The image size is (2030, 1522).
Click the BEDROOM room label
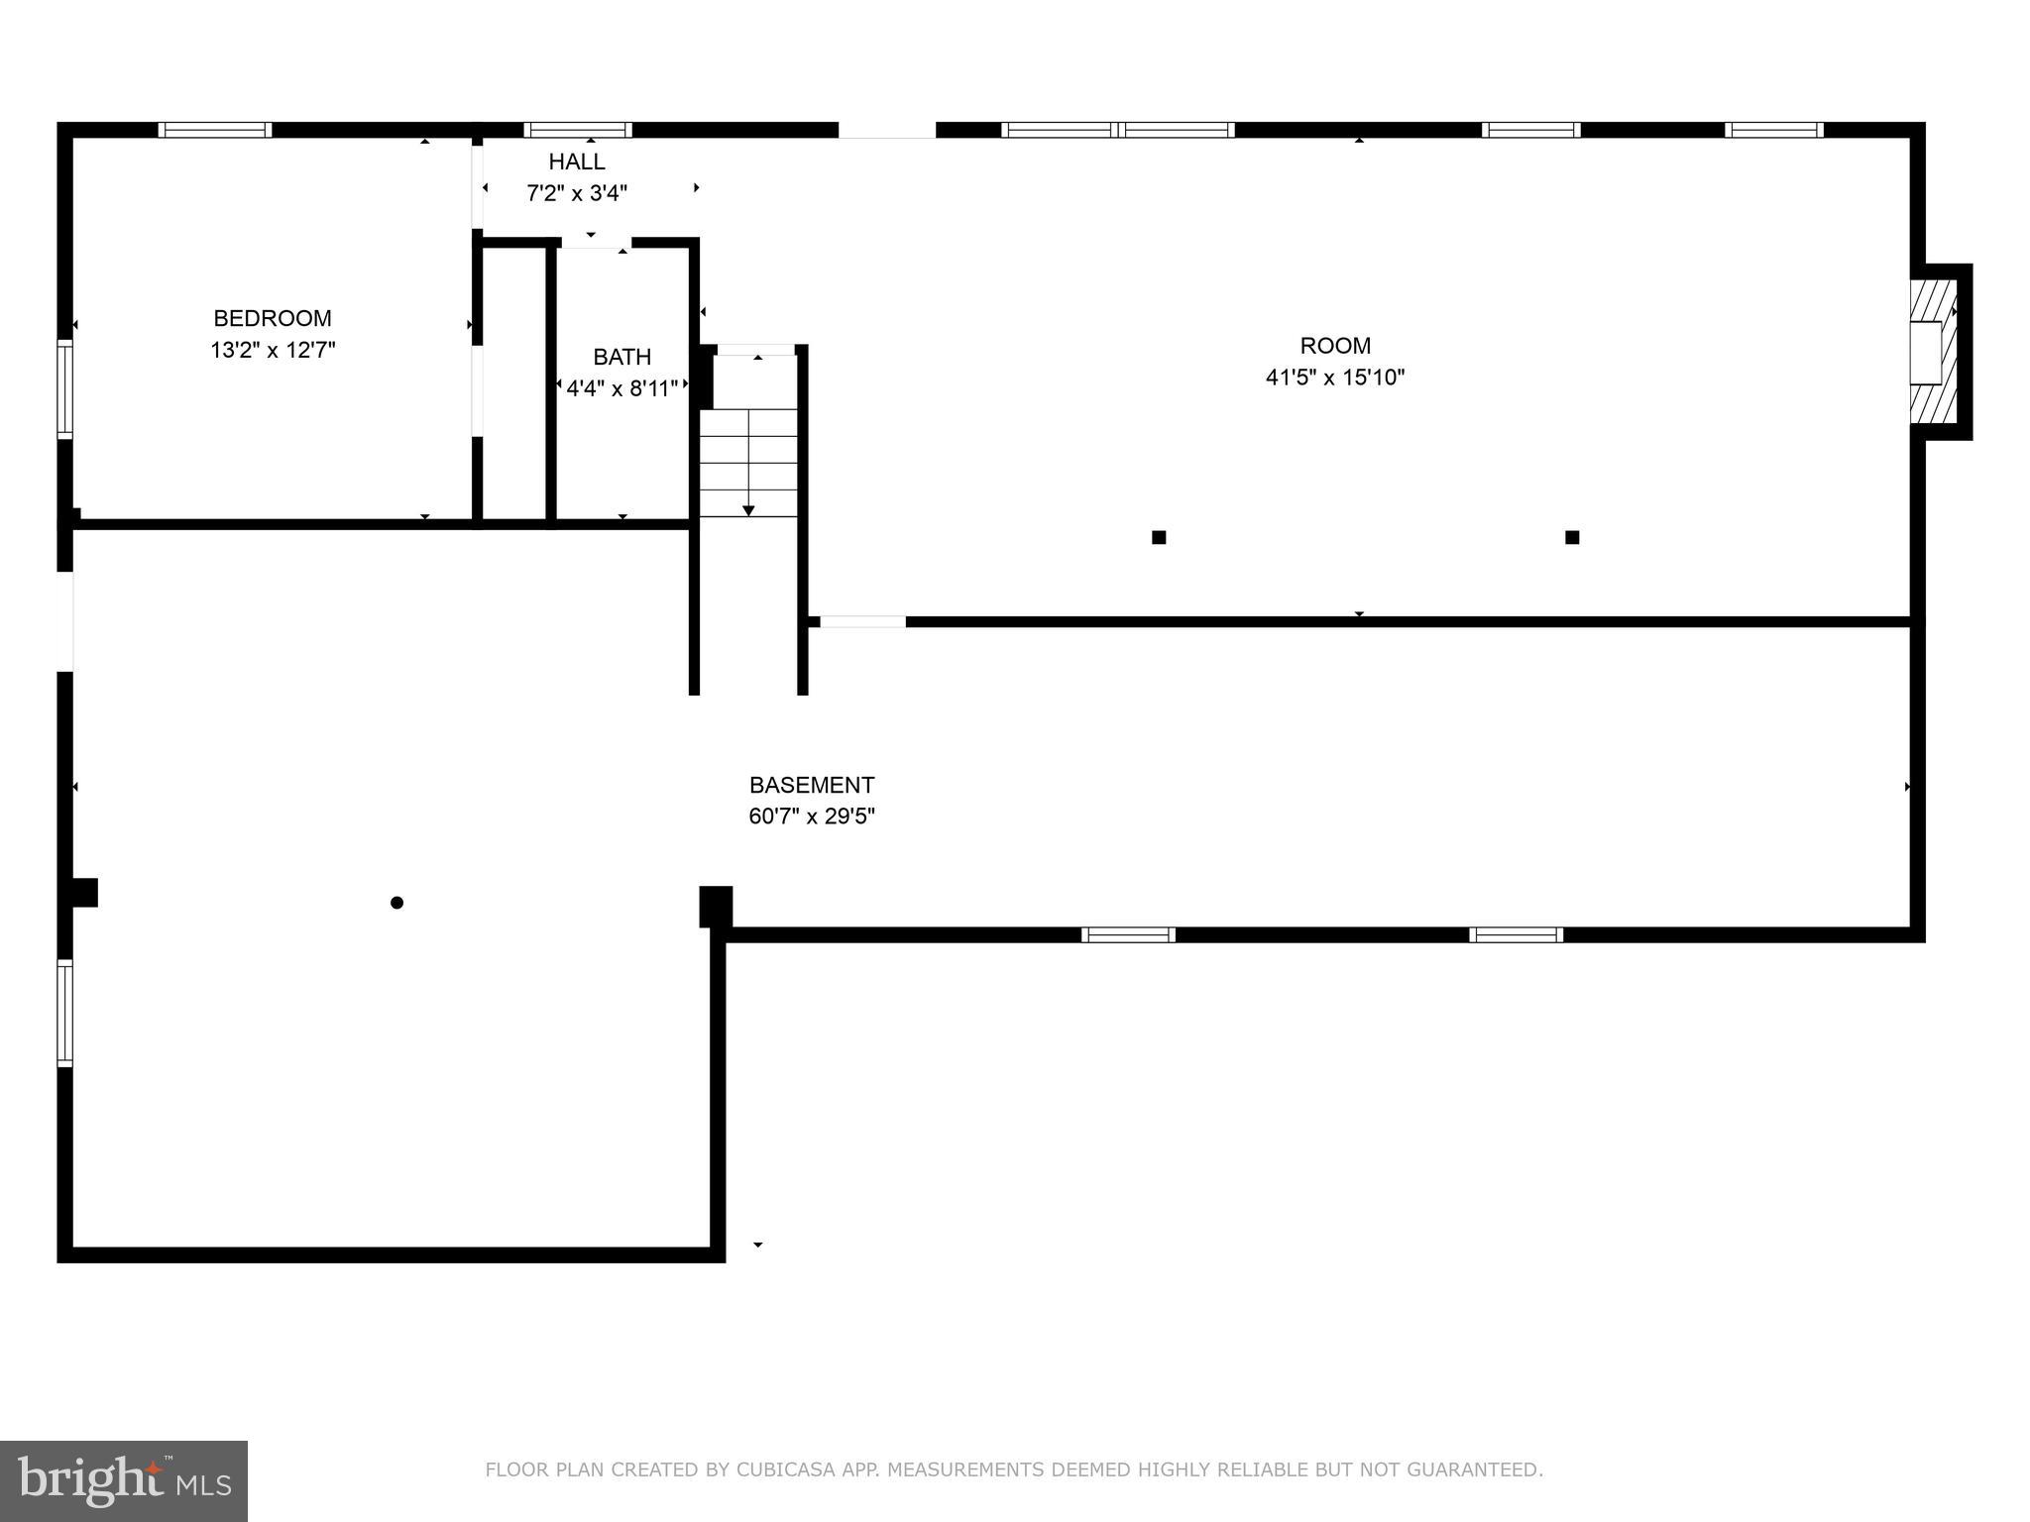point(273,318)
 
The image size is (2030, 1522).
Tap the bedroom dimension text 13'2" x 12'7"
point(273,350)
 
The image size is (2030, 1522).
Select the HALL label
point(577,162)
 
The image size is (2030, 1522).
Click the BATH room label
point(622,357)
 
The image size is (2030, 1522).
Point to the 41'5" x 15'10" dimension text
point(1335,378)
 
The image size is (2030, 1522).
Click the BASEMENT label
point(812,785)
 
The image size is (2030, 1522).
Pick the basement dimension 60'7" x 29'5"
point(812,816)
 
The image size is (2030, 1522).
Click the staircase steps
point(748,462)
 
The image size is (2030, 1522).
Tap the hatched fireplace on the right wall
point(1934,352)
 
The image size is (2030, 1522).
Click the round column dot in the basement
point(396,903)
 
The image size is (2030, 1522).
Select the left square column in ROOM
point(1159,538)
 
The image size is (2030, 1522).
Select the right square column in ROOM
point(1572,538)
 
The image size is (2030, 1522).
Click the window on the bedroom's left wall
point(65,388)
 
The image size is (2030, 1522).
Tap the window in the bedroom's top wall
point(215,130)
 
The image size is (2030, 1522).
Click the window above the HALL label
point(578,130)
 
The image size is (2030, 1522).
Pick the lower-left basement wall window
point(65,1013)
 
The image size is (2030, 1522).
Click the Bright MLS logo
point(124,1481)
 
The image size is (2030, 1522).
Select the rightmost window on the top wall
point(1773,130)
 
